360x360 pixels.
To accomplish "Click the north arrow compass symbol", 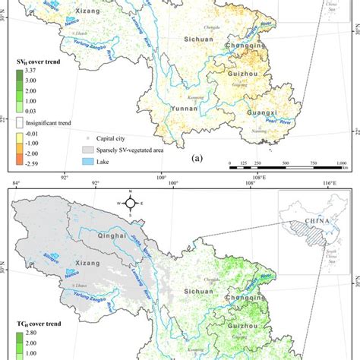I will point(131,203).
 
